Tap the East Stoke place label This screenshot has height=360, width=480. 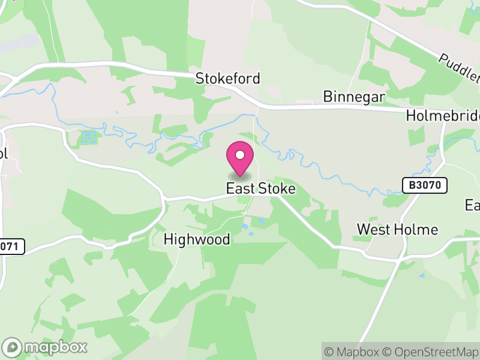point(261,188)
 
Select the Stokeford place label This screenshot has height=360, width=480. point(228,79)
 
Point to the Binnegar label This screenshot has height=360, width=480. point(353,97)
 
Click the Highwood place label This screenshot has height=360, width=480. point(197,239)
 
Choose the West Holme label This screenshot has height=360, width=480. point(397,229)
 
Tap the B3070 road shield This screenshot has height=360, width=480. point(425,185)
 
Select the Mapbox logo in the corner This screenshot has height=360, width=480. point(45,347)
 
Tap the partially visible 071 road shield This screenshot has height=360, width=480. point(11,246)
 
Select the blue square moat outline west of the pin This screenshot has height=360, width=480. point(88,137)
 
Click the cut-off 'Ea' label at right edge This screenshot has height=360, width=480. point(473,205)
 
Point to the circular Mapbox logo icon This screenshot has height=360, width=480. point(13,347)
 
